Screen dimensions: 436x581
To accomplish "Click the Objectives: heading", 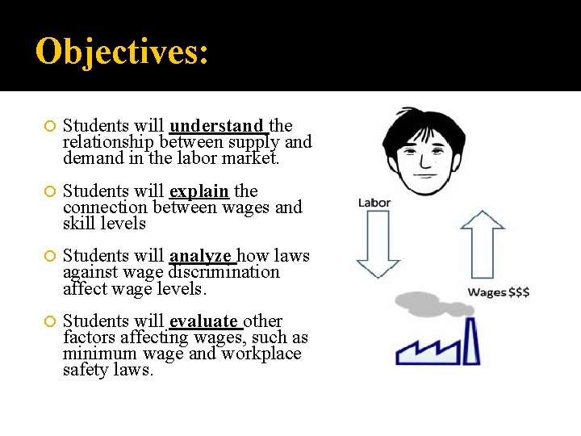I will click(123, 52).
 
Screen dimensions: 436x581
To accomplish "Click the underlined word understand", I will click(217, 126).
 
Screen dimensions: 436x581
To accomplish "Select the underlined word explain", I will click(200, 191).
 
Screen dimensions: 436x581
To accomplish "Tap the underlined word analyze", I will click(201, 257).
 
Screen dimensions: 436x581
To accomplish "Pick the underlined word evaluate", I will click(204, 321).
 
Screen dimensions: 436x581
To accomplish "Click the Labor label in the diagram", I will click(374, 203).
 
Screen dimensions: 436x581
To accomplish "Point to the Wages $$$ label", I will click(499, 292).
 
